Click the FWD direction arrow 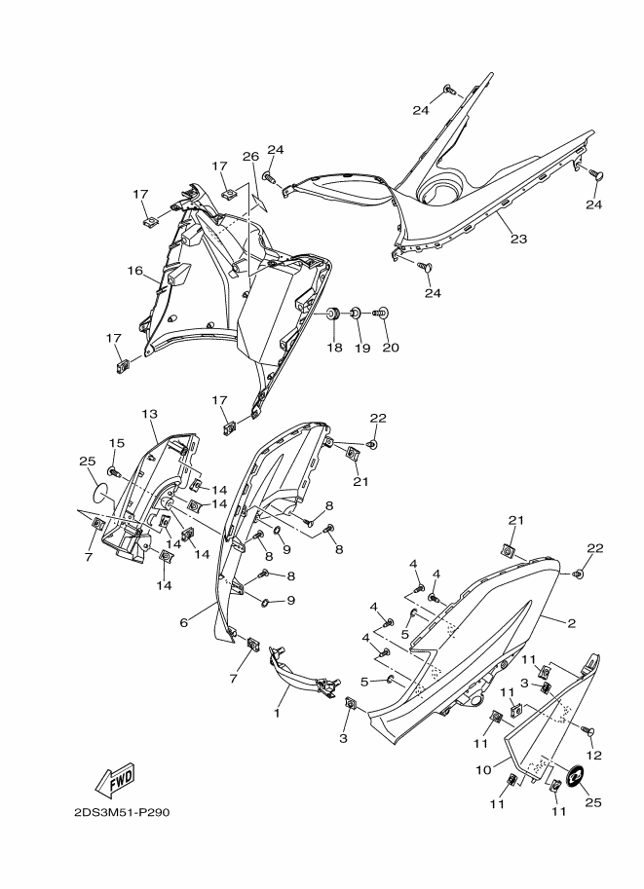[115, 779]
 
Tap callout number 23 [517, 239]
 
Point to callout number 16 [133, 271]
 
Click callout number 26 [250, 157]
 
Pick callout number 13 [149, 415]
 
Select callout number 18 [333, 347]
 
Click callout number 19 [360, 347]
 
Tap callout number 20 [389, 347]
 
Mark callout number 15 [116, 443]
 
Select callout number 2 [572, 621]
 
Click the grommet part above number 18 [332, 314]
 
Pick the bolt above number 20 [382, 314]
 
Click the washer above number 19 [357, 314]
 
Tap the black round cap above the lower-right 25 [574, 775]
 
